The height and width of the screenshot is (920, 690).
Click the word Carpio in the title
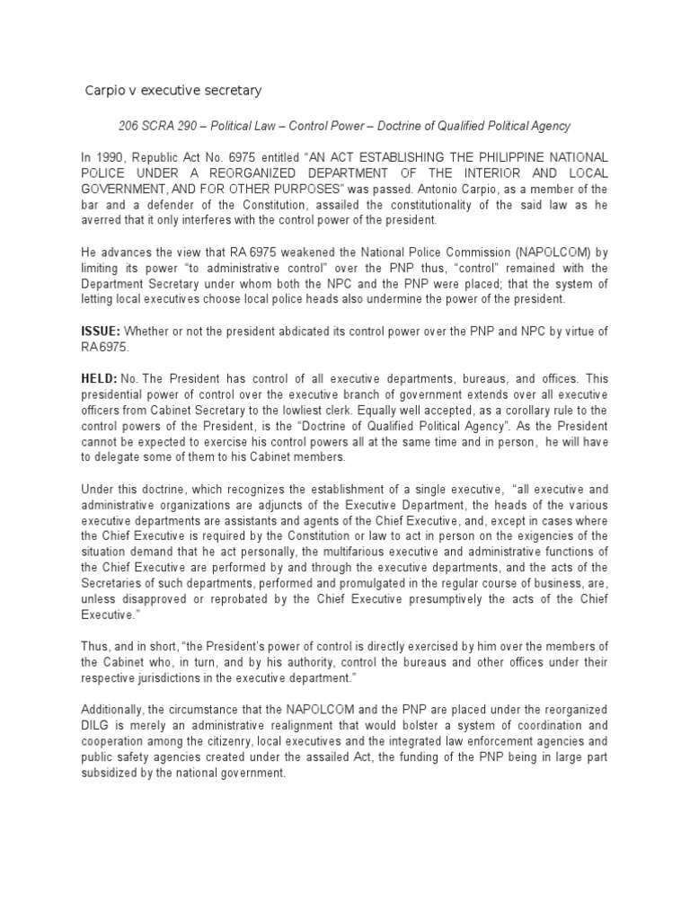(103, 91)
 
